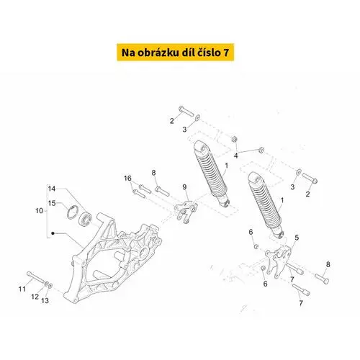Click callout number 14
52,189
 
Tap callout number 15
52,203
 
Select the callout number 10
40,211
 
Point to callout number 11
22,289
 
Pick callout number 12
35,297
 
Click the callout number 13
45,301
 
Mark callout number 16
127,179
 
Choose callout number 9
184,187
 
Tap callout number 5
297,238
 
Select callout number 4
236,156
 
